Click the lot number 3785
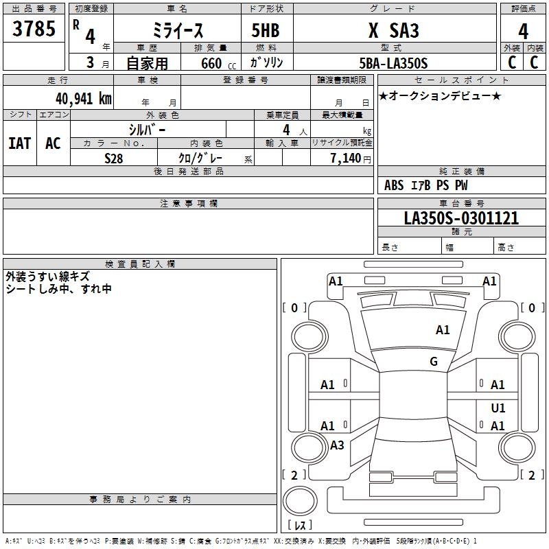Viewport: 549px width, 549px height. (34, 30)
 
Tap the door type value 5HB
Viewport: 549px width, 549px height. (266, 31)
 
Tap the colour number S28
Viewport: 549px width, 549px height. (113, 158)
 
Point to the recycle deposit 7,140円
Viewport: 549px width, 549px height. (349, 158)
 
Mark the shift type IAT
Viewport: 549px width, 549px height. (19, 143)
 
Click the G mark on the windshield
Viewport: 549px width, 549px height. (434, 361)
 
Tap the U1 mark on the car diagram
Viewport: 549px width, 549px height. (498, 408)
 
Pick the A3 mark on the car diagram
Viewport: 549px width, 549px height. (337, 445)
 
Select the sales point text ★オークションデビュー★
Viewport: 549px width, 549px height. (440, 95)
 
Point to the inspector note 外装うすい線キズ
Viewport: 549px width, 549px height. (47, 277)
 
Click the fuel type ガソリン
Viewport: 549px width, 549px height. (266, 63)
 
